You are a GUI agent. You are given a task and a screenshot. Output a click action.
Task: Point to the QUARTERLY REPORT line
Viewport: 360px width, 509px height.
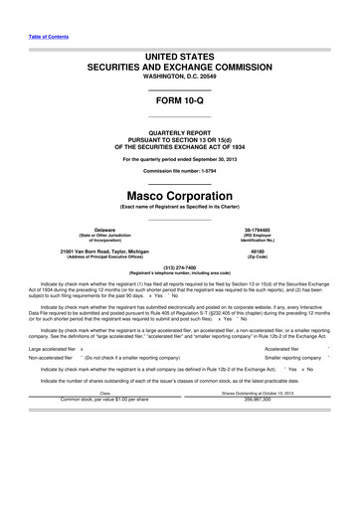[180, 131]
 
